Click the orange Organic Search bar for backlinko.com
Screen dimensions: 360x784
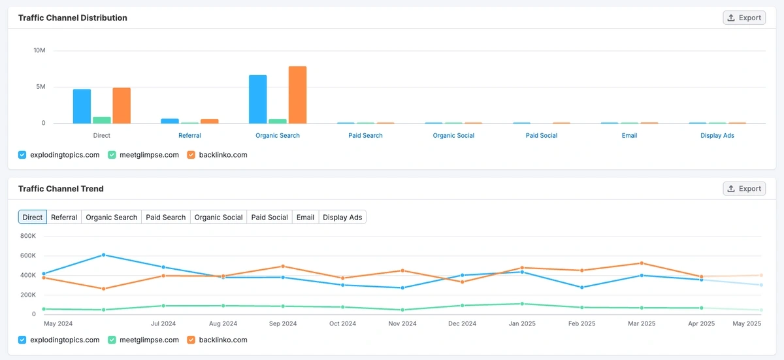[x=297, y=95]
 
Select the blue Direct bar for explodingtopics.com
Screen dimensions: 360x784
[x=82, y=106]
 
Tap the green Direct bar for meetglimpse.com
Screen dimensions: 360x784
[x=102, y=120]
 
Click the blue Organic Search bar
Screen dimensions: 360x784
[x=257, y=99]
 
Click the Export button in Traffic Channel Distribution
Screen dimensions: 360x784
[x=744, y=18]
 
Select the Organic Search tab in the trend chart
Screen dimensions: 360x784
[x=112, y=217]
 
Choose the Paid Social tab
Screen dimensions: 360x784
[x=269, y=217]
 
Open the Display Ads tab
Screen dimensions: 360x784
[x=342, y=217]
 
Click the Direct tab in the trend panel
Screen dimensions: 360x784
[x=33, y=217]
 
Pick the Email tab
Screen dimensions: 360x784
[x=305, y=217]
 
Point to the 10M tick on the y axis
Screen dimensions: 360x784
[x=39, y=50]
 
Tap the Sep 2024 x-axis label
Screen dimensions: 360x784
[x=283, y=323]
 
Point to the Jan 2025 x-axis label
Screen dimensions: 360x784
[x=522, y=323]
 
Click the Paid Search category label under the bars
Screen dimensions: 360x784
[x=366, y=135]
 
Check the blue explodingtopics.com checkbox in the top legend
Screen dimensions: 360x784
[x=22, y=155]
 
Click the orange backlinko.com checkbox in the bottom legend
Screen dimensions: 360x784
[x=191, y=340]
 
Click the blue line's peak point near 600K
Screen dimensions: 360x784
[x=103, y=255]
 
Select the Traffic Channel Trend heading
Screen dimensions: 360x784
[x=61, y=189]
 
